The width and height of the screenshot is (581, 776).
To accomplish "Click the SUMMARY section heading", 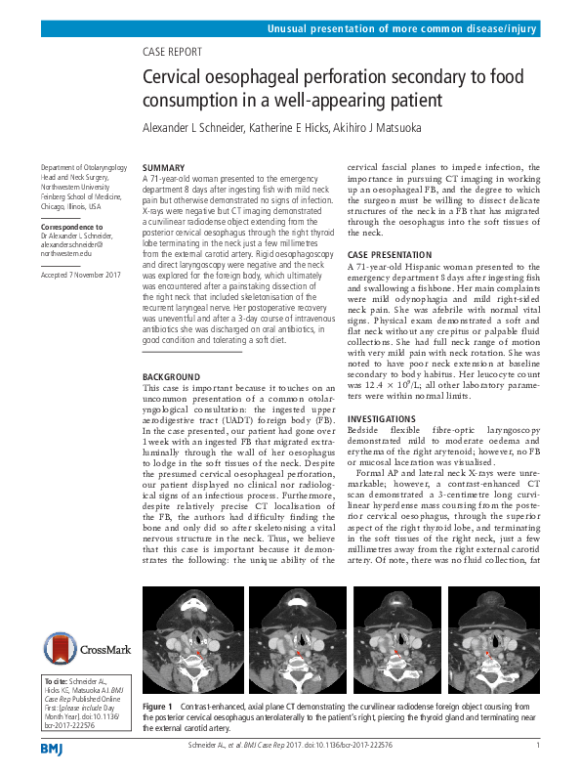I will coord(163,168).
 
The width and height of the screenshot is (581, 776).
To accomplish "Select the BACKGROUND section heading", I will coord(171,376).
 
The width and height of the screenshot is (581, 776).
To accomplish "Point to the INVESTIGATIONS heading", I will coord(382,418).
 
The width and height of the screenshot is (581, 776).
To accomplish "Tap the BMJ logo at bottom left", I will coord(51,748).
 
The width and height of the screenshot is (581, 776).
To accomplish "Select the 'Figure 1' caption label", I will coord(157,706).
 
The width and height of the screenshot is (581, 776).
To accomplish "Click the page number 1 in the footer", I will coord(538,745).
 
